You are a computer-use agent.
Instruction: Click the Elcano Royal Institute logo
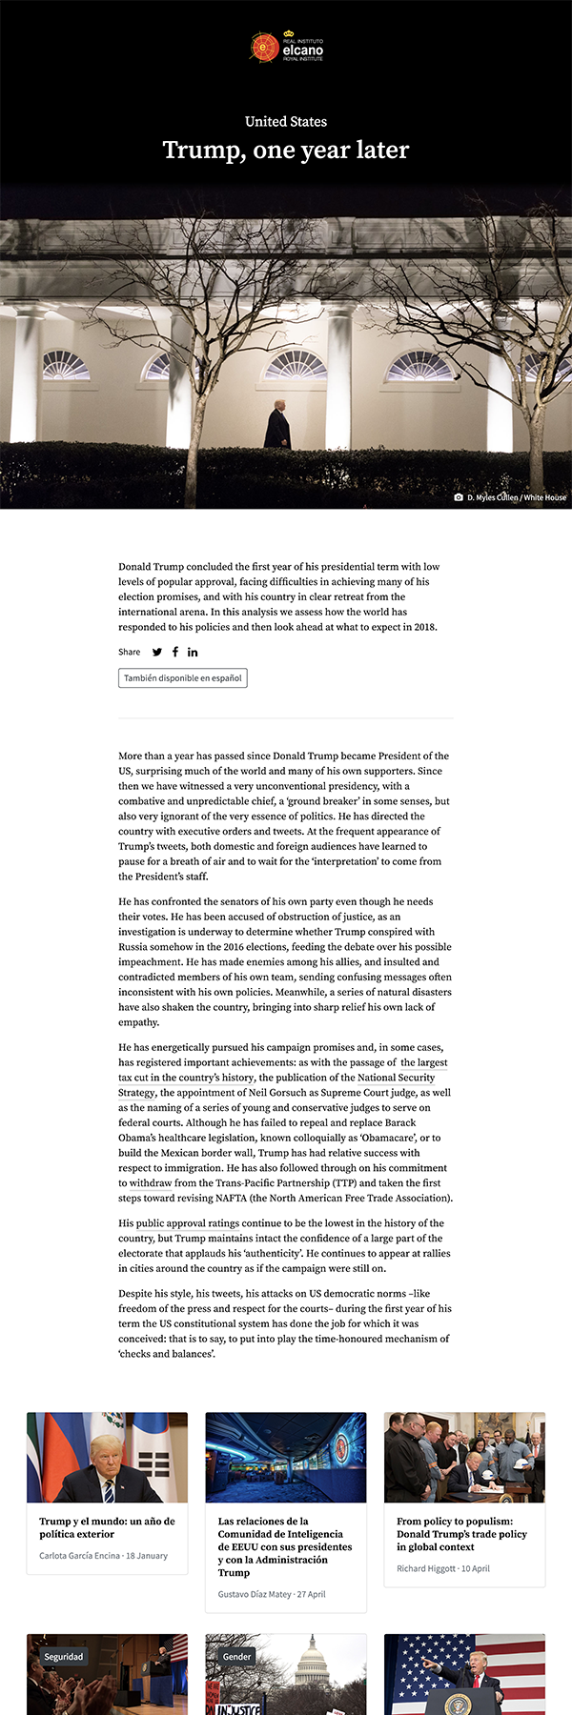pos(286,47)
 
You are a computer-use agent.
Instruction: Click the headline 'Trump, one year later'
pos(286,151)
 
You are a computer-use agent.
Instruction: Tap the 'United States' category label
pos(286,122)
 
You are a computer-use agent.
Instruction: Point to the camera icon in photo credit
pos(459,497)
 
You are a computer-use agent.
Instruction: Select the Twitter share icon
pos(157,653)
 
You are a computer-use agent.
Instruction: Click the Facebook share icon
pos(175,653)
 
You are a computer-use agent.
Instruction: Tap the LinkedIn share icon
pos(193,653)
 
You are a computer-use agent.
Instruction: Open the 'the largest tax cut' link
pos(423,1062)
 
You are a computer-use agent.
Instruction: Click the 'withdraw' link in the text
pos(151,1183)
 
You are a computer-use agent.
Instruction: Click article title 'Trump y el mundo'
pos(107,1527)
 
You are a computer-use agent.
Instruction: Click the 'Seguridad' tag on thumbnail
pos(64,1657)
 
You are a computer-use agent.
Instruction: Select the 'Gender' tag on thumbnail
pos(237,1657)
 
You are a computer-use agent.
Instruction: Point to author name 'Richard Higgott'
pos(426,1568)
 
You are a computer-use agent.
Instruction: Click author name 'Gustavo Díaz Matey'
pos(254,1594)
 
